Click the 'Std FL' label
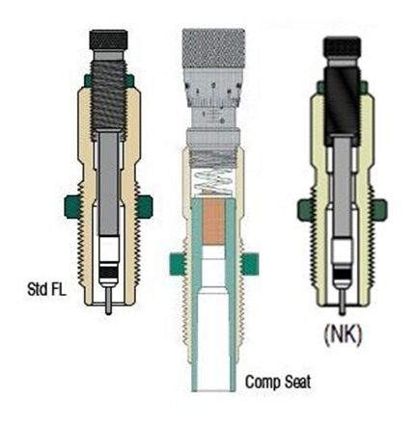47,289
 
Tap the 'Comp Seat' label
278,382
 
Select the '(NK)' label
343,335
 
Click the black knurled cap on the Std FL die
108,40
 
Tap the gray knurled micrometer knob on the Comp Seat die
213,48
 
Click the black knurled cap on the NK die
343,47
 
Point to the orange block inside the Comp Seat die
213,222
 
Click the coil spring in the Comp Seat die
212,182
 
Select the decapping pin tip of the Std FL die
109,311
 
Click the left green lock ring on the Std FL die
72,206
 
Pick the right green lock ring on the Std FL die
144,206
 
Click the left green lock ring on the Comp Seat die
178,264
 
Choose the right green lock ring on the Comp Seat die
250,264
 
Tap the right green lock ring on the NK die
377,210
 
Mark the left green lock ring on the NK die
306,210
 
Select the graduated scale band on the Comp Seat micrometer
213,94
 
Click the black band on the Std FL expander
109,272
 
